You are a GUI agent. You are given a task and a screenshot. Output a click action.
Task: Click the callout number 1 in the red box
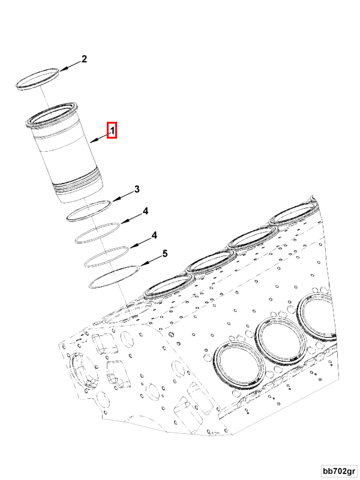(x=112, y=130)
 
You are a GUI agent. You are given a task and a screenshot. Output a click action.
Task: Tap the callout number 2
(x=84, y=59)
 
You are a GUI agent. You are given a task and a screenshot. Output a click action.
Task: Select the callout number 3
(x=137, y=190)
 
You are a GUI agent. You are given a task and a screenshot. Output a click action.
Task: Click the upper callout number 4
(x=145, y=211)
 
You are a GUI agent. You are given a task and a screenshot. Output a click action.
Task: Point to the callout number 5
(x=164, y=254)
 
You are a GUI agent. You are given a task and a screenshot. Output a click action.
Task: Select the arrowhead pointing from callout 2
(x=61, y=70)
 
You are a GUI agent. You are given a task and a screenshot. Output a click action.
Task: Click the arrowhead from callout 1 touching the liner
(x=92, y=142)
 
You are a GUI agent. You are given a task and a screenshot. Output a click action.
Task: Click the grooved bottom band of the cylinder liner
(x=78, y=186)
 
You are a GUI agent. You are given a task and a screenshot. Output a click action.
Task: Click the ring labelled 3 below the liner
(x=89, y=209)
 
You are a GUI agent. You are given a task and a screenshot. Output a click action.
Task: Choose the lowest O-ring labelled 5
(x=113, y=275)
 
